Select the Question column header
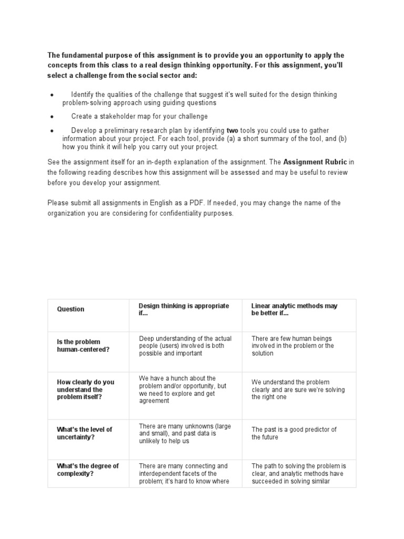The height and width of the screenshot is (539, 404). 70,310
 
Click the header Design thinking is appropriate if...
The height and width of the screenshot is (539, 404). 184,310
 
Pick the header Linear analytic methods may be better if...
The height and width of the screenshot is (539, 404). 294,310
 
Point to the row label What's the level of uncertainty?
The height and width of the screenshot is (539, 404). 85,433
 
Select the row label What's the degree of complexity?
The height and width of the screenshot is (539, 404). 88,470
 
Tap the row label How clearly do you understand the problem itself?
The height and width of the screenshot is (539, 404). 85,390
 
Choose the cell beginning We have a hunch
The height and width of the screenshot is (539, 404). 183,390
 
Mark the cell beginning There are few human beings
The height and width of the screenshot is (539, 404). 292,346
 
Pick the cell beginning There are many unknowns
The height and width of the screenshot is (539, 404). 185,433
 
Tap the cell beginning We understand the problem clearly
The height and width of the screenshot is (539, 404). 298,390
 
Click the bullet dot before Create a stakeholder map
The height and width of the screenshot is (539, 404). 52,117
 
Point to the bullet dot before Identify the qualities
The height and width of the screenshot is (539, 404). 52,95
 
